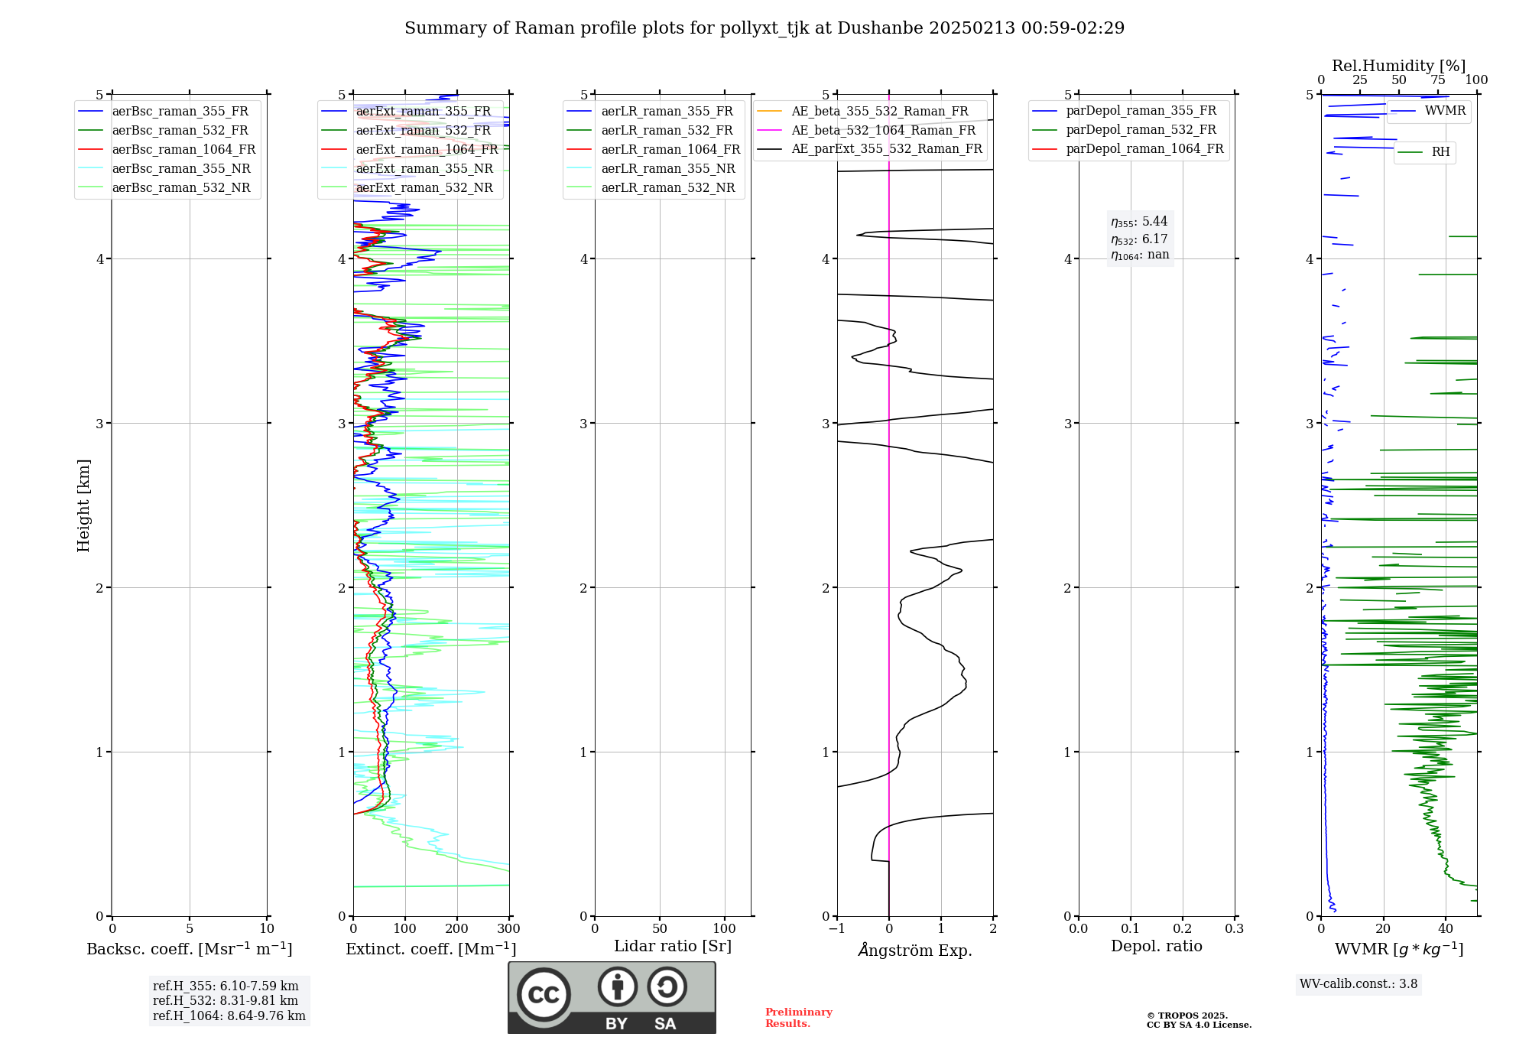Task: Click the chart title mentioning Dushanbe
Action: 764,28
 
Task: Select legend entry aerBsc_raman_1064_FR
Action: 183,150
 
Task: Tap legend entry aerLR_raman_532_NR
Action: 667,188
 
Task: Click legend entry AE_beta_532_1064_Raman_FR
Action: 883,130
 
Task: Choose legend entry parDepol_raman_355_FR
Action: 1141,111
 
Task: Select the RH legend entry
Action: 1440,152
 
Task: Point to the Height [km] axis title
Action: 83,505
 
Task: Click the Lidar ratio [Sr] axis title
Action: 673,946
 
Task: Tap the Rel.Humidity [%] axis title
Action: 1398,66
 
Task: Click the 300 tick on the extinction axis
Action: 509,929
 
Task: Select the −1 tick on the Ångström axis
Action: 837,929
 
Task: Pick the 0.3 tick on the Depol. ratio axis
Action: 1234,929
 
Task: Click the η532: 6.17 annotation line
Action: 1139,239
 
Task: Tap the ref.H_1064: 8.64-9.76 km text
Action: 229,1016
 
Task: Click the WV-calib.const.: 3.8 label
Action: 1359,984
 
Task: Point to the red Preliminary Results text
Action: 798,1018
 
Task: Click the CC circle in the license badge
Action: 544,995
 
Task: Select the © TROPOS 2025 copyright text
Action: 1187,1016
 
